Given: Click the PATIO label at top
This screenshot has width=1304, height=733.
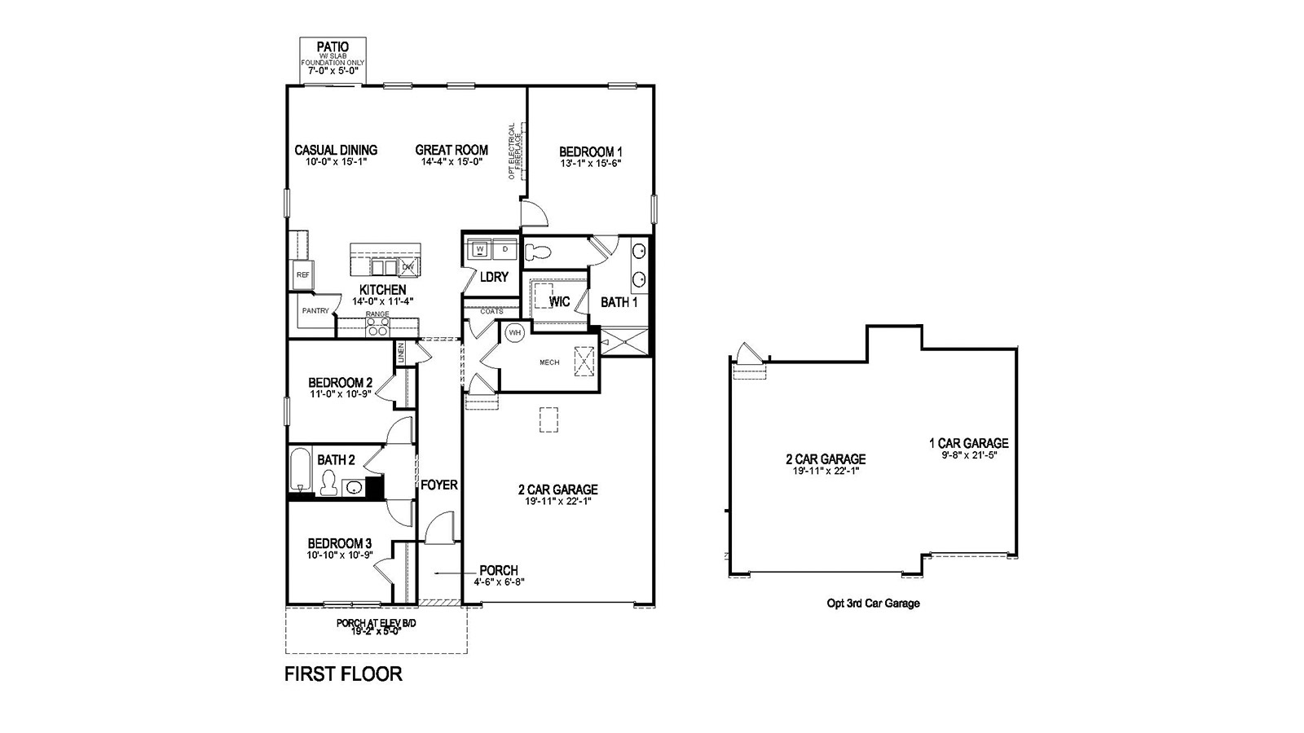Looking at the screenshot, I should pos(333,47).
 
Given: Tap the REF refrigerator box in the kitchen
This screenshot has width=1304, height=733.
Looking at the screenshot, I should pos(302,275).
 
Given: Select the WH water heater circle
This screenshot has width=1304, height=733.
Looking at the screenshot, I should pos(515,332).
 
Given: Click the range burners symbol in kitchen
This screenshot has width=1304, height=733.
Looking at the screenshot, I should pos(377,327).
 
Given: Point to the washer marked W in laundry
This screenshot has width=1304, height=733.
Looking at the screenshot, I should pos(480,248).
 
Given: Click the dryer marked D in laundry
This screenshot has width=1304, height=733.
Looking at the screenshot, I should pos(504,248).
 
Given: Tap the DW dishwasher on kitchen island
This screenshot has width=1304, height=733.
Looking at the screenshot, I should pos(407,267).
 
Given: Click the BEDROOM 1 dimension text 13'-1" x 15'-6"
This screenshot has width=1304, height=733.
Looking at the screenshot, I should pos(591,164).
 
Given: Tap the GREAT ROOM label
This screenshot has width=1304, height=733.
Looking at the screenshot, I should pos(452,150).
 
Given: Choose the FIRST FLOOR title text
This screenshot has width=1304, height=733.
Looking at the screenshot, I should pos(343,674).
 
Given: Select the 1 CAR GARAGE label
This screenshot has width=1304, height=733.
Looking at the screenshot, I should pos(968,444).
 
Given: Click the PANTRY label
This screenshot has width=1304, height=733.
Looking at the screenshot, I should pos(315,310).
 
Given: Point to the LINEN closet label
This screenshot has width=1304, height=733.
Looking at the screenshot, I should pos(401,353).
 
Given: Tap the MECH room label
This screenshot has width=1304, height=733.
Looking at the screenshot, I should pos(549,362).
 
